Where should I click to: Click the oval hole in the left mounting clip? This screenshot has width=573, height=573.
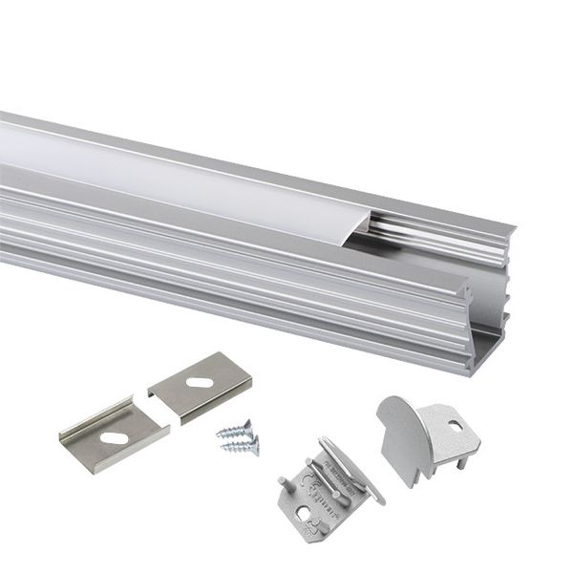click(114, 438)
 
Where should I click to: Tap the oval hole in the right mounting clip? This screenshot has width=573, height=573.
click(201, 382)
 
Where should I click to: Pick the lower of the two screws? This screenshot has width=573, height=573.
click(241, 444)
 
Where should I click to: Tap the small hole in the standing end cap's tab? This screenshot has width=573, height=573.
click(455, 425)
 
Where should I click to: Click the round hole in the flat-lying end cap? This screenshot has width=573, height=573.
click(304, 516)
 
